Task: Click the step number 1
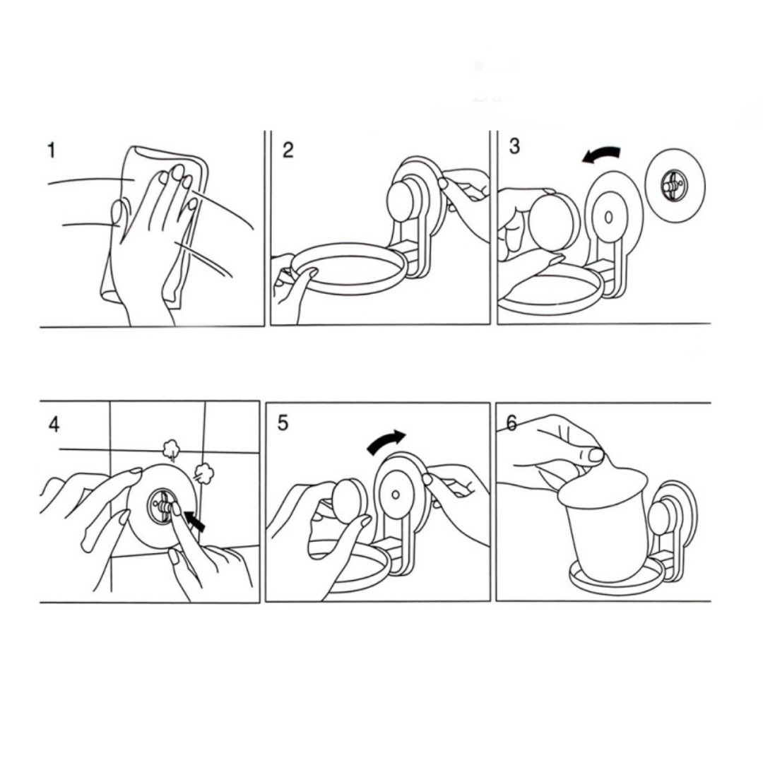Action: (51, 150)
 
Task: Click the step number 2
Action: (288, 150)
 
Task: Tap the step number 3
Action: (514, 146)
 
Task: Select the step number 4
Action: (54, 425)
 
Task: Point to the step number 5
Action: (283, 423)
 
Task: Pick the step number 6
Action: (511, 423)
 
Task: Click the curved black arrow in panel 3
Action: (601, 155)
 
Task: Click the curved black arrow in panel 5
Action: (386, 441)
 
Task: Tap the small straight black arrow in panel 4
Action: (196, 523)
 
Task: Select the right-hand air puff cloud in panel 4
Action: (204, 473)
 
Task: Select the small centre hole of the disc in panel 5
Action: (396, 495)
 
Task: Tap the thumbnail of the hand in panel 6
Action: (596, 454)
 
